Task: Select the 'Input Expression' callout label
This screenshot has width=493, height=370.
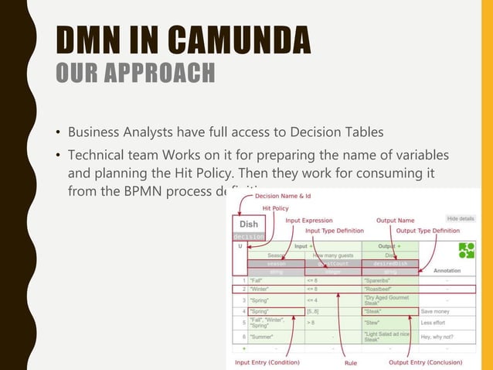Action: tap(309, 221)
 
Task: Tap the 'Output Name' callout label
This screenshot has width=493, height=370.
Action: tap(395, 221)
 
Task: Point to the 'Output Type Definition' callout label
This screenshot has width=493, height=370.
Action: tap(427, 230)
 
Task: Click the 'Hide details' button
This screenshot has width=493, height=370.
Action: tap(461, 219)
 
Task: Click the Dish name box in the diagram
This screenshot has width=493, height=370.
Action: tap(247, 224)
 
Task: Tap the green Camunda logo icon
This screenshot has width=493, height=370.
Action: tap(466, 250)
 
